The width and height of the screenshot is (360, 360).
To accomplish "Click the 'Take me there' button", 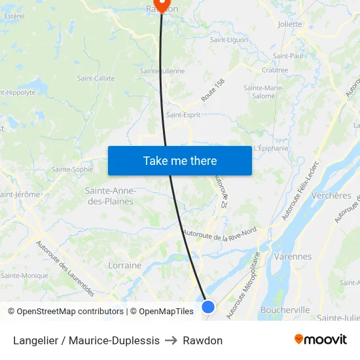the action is point(179,160).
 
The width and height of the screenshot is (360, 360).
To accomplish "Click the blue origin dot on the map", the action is point(208,306).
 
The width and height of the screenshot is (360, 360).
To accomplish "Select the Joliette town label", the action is point(289,24).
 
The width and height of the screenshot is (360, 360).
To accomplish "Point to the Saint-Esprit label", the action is point(183,115).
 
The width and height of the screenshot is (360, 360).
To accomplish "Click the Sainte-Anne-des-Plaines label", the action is point(110,196).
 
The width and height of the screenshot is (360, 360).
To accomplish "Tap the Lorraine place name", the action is point(124,266).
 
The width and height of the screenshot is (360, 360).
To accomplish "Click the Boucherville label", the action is point(285,310).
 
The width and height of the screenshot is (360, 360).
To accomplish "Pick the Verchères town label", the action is point(331,196).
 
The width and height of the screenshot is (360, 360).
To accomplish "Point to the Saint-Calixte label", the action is point(96,79).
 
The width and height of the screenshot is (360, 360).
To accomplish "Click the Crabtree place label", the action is point(274,70).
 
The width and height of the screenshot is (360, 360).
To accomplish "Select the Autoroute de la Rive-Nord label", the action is point(219,235).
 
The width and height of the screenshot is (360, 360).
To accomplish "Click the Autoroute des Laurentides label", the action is point(65,269).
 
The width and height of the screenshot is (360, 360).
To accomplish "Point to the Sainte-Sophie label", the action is point(72,169).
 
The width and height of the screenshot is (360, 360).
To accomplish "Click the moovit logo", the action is point(320,340).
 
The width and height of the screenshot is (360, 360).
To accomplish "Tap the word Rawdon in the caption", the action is point(202,340).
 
